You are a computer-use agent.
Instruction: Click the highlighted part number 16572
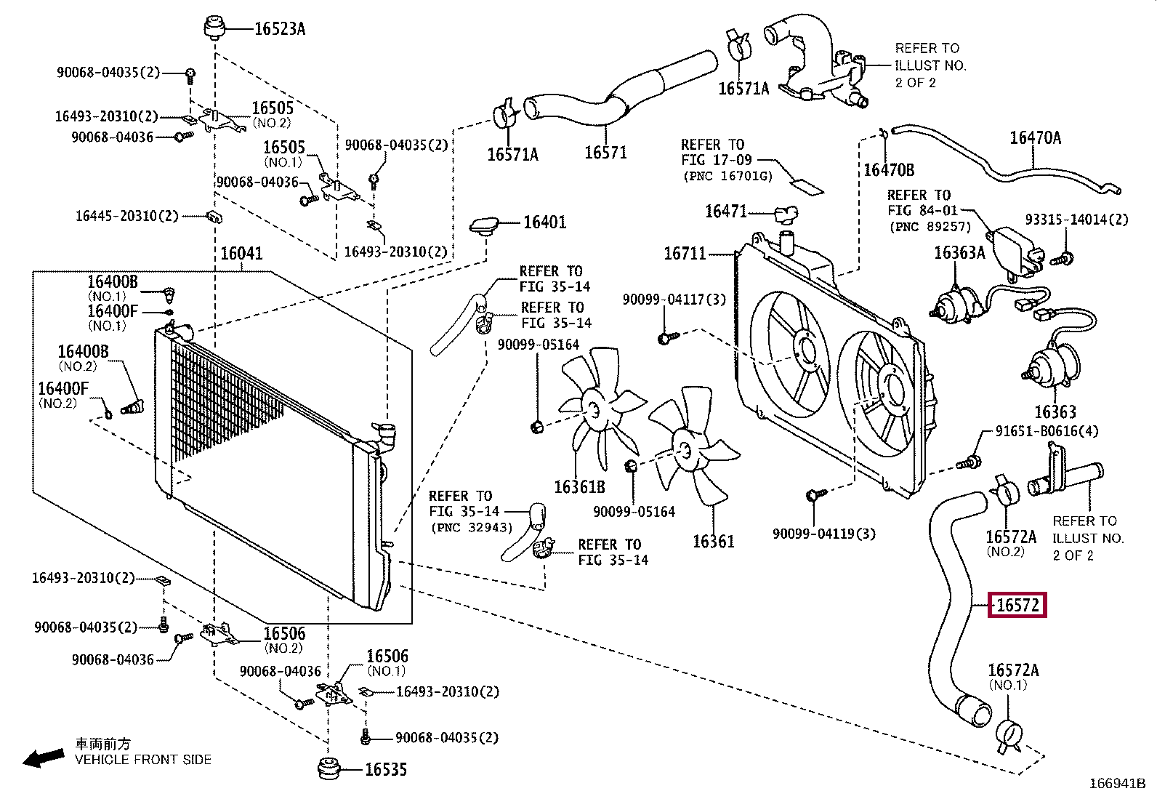1017,605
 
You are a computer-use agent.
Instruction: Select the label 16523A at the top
280,29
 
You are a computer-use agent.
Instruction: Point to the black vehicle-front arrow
44,758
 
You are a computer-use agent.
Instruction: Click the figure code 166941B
1118,784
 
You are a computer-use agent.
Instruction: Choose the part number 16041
242,253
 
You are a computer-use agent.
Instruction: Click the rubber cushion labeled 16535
328,768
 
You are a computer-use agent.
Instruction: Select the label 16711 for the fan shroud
685,253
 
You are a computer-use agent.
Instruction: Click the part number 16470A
1036,138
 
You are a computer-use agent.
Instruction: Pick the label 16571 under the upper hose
605,153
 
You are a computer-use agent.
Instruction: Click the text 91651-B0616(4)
1047,431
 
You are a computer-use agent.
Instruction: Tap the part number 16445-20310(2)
127,215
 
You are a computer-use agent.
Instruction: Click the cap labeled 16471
786,214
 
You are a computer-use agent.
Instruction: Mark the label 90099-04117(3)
674,300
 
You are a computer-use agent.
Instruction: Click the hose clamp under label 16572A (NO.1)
1008,736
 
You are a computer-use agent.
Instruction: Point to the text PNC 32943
472,527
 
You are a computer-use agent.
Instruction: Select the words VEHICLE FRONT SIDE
143,760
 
